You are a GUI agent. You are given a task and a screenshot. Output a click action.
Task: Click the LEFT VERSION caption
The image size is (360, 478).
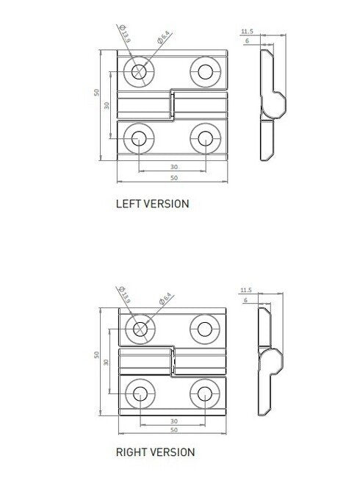(x=152, y=204)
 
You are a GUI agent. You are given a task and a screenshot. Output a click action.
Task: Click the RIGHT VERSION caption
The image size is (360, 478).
(x=155, y=452)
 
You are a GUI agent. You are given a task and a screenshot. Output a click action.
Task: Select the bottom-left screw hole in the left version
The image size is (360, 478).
(x=137, y=138)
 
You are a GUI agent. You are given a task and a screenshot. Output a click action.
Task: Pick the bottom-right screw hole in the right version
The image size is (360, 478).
(x=203, y=393)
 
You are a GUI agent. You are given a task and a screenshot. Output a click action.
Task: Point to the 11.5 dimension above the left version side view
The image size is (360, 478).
(x=247, y=32)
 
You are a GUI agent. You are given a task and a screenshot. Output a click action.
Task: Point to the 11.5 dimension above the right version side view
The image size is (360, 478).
(x=246, y=291)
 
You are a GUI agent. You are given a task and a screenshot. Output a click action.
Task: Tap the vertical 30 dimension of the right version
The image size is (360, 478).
(x=107, y=362)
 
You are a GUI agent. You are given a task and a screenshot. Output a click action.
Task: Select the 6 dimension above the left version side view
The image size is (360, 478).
(x=247, y=42)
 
